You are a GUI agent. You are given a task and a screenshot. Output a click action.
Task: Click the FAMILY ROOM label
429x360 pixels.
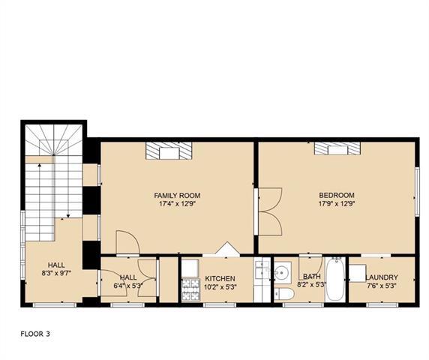(x=177, y=196)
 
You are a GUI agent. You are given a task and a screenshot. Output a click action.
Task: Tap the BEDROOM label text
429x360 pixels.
(x=337, y=195)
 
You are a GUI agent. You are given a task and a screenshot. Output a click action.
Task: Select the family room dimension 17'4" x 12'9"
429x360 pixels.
(x=177, y=204)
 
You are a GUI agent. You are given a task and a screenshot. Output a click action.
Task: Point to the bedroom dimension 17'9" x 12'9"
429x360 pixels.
(x=337, y=204)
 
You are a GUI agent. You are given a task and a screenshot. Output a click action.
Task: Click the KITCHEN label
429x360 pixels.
(x=220, y=279)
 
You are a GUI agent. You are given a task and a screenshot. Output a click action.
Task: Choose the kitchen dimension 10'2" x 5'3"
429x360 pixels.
(x=220, y=287)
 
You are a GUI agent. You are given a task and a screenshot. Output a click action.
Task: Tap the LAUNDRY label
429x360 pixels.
(x=382, y=277)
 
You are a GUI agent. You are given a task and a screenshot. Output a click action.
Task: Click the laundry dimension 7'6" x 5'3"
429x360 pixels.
(x=382, y=286)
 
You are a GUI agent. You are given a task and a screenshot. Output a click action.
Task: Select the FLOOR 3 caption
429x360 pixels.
(x=35, y=334)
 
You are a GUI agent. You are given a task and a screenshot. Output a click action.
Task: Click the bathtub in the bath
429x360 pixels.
(x=336, y=280)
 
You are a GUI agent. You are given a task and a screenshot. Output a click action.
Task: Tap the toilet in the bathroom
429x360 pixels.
(x=284, y=294)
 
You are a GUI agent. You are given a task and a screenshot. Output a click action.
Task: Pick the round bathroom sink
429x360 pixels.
(x=282, y=273)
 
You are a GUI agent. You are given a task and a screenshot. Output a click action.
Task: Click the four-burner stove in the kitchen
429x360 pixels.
(x=190, y=289)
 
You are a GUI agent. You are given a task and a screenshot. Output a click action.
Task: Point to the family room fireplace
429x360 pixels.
(x=169, y=151)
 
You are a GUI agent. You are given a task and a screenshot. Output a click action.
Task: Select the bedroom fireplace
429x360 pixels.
(x=337, y=148)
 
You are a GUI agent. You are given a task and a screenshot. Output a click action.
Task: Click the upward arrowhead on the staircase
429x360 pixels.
(x=40, y=165)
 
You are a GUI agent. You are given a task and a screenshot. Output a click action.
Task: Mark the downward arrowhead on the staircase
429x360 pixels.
(x=68, y=216)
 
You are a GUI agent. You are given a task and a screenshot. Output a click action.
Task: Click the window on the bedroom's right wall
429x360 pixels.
(x=417, y=192)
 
